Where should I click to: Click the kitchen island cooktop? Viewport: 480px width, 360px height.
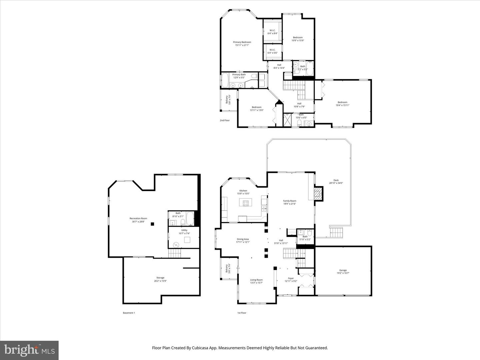coord(246,202)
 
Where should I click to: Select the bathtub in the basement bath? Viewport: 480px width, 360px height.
coord(190,219)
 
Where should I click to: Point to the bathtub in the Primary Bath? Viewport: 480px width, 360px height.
coord(225,80)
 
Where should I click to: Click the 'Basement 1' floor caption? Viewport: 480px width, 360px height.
coord(129,313)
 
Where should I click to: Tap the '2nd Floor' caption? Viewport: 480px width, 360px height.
coord(225,120)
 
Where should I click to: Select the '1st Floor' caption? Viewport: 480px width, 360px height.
coord(242,313)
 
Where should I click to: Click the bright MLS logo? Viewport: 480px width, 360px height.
coord(29,350)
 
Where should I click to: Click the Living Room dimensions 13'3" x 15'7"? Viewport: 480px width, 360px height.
coord(257,283)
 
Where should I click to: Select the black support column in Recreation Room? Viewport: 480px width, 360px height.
coord(152,224)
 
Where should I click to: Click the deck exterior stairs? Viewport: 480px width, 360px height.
coord(336,232)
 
